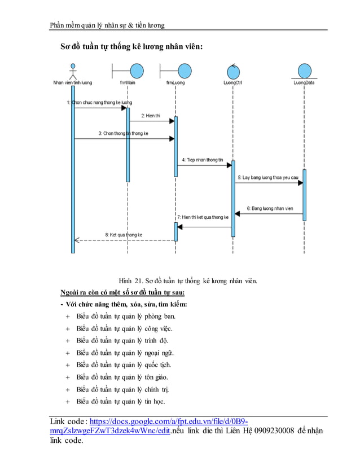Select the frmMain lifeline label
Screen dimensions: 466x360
click(x=128, y=82)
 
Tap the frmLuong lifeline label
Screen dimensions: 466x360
click(x=175, y=82)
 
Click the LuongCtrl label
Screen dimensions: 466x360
click(x=232, y=82)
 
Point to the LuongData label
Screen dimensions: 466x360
click(x=304, y=82)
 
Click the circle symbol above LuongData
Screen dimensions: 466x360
click(x=305, y=71)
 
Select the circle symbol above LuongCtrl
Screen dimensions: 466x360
click(x=233, y=71)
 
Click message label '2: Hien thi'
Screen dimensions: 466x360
click(x=151, y=115)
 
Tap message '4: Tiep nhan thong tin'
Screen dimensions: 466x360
click(x=203, y=160)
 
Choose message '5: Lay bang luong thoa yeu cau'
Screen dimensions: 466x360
click(x=267, y=177)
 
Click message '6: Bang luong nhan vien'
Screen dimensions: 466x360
click(x=270, y=208)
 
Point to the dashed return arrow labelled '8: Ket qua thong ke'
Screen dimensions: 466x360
click(x=124, y=240)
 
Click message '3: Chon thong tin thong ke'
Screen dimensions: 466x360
click(x=123, y=134)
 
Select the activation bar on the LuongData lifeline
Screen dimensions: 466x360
click(x=304, y=195)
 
